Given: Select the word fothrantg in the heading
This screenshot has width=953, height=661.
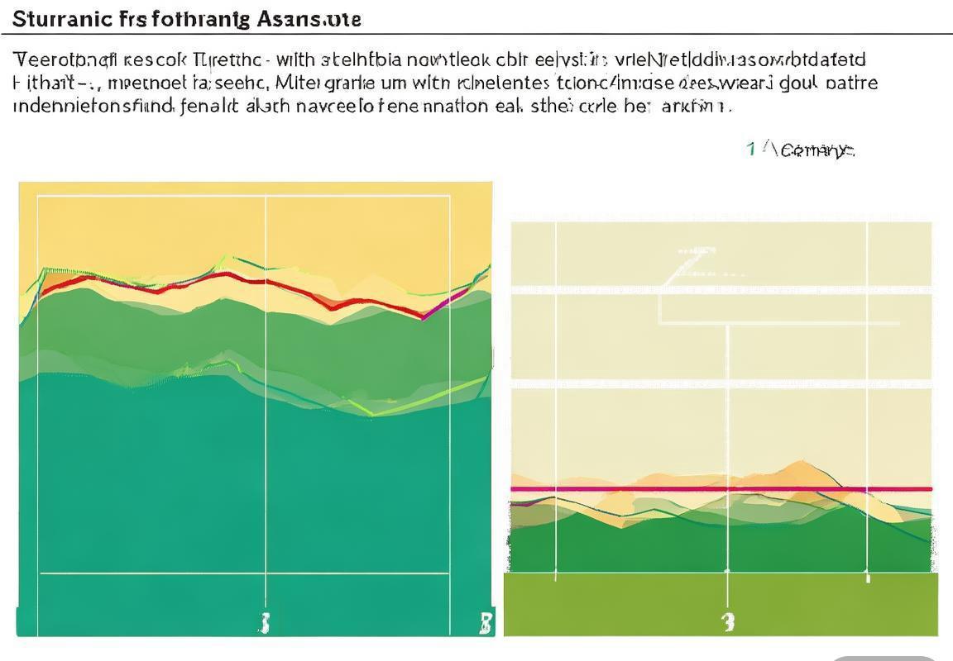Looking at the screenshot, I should (x=201, y=19).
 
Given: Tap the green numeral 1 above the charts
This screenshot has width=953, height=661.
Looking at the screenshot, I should (x=750, y=149).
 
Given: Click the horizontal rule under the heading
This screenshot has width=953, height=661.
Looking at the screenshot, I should (x=476, y=35).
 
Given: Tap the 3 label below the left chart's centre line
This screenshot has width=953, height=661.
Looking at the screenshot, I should (x=265, y=622).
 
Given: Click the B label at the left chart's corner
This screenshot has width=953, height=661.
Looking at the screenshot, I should (x=486, y=622).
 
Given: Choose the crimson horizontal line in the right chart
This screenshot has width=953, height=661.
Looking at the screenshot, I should (x=720, y=489).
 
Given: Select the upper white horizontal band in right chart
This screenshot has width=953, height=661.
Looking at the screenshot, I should (x=720, y=290).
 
